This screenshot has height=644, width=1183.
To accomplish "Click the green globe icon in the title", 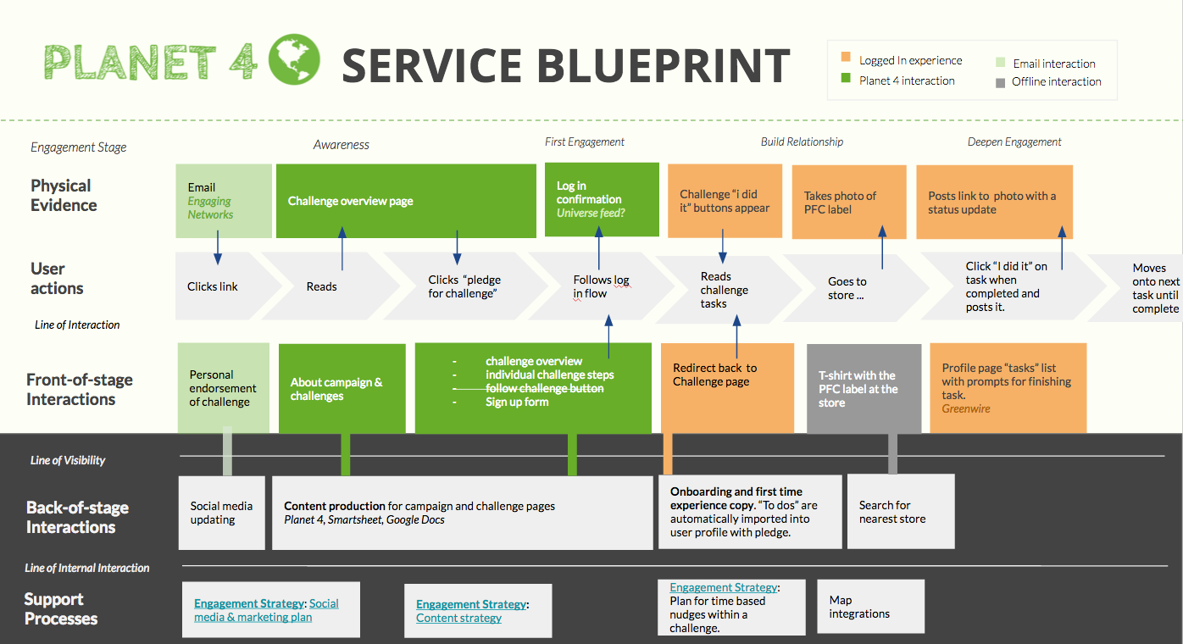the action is [x=294, y=59].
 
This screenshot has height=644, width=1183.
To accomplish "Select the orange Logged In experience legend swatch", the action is [x=846, y=57].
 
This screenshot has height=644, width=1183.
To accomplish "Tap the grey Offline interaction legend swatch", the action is [x=1000, y=83].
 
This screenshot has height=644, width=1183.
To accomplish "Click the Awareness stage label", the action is [x=342, y=145].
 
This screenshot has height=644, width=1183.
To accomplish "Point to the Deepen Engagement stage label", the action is [x=1014, y=142].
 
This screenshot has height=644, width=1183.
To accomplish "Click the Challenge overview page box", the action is [x=406, y=201].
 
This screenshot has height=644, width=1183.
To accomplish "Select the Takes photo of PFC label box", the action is [x=849, y=202].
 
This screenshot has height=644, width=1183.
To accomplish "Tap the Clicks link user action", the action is [x=213, y=286].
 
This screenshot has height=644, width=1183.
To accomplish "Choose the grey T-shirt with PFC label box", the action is [x=864, y=389].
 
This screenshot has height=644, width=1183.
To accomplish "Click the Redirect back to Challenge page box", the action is [x=727, y=388].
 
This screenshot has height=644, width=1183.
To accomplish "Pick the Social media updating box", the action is [x=222, y=513].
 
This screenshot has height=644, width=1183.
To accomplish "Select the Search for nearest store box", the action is [x=901, y=512].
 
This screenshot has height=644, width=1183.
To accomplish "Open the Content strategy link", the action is [x=458, y=618].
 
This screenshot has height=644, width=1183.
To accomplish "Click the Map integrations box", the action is [x=871, y=607].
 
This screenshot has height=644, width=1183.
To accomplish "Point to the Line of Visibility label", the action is [x=68, y=460].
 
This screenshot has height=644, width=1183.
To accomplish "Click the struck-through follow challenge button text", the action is [x=544, y=388].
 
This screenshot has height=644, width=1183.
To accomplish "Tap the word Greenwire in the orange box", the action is [x=966, y=408].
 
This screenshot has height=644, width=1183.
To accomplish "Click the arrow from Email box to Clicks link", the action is [x=218, y=247].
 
